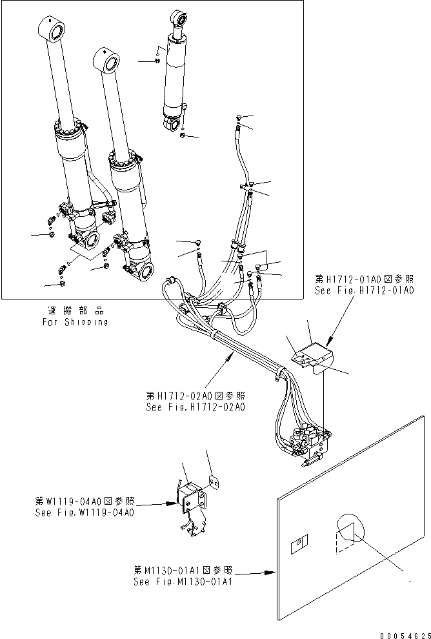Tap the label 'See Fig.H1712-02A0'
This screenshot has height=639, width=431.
click(196, 407)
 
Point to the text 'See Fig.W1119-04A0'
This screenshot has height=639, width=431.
click(85, 512)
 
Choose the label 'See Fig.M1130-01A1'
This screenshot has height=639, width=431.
click(183, 581)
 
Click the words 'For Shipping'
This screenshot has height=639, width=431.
click(75, 321)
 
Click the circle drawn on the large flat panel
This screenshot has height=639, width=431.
click(348, 531)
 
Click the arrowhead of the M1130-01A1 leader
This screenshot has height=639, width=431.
click(274, 572)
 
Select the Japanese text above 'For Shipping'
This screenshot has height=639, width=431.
click(75, 311)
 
